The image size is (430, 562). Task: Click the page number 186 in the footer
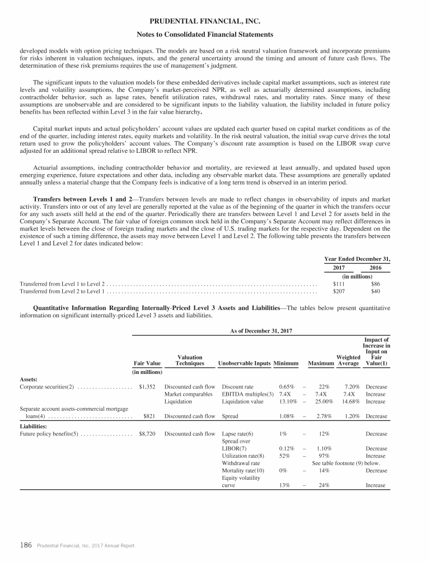pos(26,545)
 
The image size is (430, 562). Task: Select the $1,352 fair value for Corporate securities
pos(147,387)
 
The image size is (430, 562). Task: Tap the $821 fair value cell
pos(149,416)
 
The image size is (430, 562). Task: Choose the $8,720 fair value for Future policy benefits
pos(147,434)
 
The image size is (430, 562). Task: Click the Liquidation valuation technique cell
pos(178,401)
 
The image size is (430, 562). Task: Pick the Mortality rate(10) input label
pos(243,471)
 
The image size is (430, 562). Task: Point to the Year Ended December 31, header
pos(357,259)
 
